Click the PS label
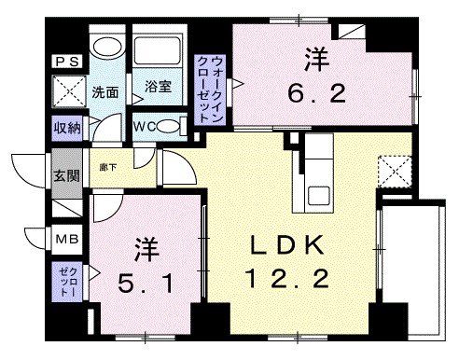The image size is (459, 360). point(67,61)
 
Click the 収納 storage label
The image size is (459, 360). point(66,128)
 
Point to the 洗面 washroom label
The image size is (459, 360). point(104,91)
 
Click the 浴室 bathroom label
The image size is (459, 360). point(156,88)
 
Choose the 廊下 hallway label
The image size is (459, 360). point(109,166)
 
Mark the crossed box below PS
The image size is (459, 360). point(67,93)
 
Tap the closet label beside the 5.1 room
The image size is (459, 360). point(65,282)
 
